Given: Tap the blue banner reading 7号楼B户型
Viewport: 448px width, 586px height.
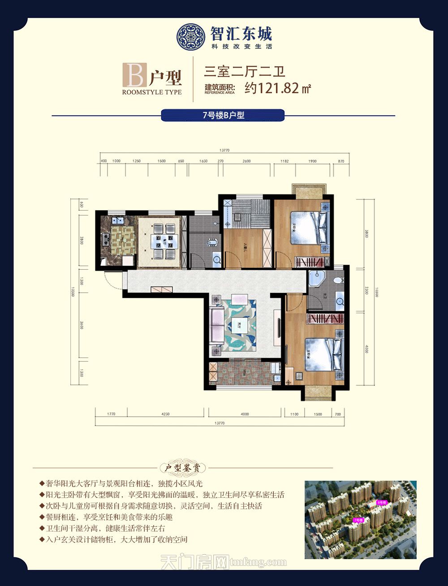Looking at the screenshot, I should tap(223, 115).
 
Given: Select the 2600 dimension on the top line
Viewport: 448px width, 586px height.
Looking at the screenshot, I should tap(246, 161).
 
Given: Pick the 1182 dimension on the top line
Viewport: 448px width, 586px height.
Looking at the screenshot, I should tap(284, 161).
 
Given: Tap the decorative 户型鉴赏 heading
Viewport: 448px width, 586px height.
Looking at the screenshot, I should tap(183, 468).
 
